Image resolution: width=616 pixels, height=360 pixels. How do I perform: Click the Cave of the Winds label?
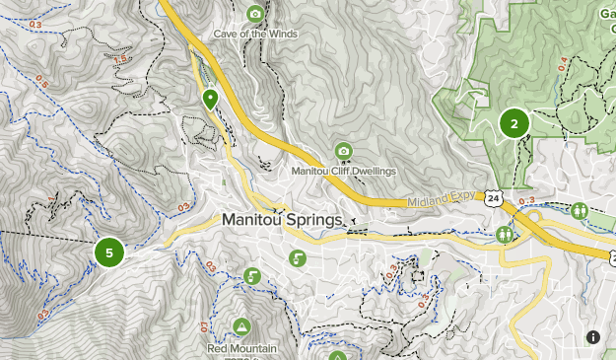[255, 34]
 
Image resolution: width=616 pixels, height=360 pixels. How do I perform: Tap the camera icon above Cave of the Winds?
[255, 14]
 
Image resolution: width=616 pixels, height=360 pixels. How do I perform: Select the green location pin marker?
[210, 99]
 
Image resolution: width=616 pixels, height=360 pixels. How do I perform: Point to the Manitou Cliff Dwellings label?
[343, 171]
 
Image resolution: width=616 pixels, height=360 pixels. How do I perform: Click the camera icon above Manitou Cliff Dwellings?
[343, 151]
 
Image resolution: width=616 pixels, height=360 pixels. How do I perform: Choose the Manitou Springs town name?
[282, 220]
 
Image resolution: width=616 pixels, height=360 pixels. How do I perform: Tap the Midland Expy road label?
[441, 199]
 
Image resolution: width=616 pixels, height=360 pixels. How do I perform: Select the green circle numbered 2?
[513, 123]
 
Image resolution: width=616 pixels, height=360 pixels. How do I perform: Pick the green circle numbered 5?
[109, 252]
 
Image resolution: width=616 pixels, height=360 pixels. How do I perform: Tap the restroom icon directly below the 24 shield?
[505, 235]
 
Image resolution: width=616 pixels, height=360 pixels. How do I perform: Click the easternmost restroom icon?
[579, 210]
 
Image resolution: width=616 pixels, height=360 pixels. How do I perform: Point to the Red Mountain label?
[241, 348]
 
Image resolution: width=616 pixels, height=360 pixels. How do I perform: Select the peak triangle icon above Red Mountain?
[241, 326]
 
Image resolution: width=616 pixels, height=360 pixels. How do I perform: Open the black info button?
[593, 337]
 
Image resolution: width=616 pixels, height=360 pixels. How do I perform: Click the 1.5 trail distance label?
[121, 60]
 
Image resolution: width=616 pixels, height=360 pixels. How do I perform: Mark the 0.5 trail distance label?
[41, 81]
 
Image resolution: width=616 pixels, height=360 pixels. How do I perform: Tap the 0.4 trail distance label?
[563, 65]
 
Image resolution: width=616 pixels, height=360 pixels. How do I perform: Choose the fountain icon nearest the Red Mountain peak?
[252, 276]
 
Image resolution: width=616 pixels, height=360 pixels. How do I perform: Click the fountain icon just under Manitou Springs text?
[297, 258]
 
